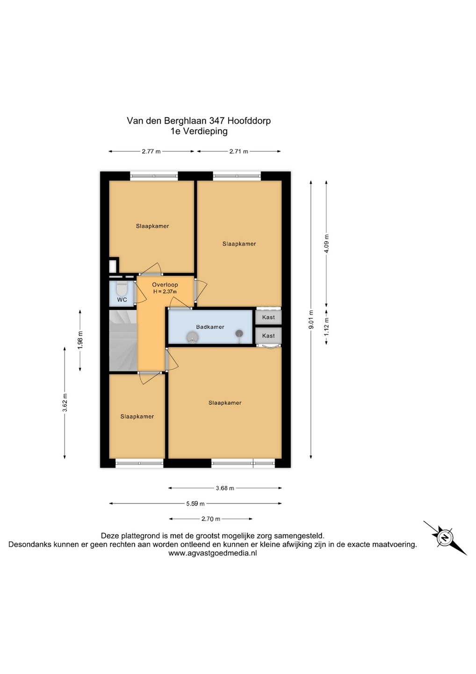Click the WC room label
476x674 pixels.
coord(122,300)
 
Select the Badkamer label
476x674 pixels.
coord(210,327)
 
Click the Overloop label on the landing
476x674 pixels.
coord(165,285)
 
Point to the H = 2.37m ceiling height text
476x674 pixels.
coord(165,292)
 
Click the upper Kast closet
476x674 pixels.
coord(268,317)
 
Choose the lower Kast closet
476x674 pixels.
coord(268,336)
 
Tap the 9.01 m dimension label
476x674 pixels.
coord(311,320)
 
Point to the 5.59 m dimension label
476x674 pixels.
coord(195,504)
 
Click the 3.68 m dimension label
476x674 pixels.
coord(225,488)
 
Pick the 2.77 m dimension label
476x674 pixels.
coord(151,151)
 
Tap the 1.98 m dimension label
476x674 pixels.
coord(80,341)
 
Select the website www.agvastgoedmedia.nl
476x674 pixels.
coord(212,553)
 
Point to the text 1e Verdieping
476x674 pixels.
coord(199,132)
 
